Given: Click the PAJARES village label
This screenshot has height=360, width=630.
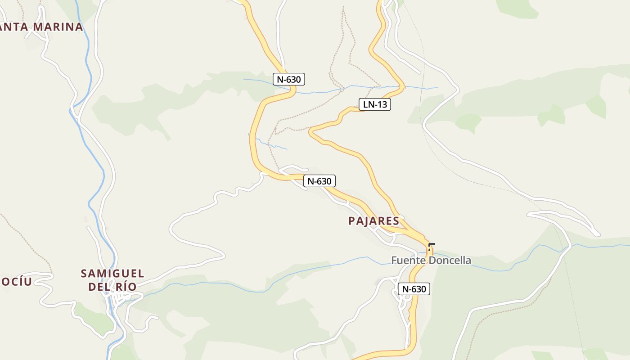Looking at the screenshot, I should click(373, 221).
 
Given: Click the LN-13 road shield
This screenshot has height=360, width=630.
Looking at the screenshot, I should click(374, 105).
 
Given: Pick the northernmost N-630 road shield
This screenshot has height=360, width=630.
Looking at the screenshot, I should click(289, 80).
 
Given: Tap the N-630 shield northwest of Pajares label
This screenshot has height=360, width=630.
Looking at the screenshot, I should click(319, 181).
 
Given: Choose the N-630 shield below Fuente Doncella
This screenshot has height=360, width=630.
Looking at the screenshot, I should click(414, 289).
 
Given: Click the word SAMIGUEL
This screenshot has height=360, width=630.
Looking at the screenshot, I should click(112, 274).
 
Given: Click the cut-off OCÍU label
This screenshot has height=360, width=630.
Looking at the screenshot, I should click(16, 282).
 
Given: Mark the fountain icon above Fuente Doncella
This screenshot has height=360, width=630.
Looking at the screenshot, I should click(430, 247).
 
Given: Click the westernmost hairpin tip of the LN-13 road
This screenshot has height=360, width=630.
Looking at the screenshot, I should click(310, 132).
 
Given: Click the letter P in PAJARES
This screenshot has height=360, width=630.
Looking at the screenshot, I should click(351, 221).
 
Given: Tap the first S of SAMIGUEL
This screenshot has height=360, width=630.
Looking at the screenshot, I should click(84, 274).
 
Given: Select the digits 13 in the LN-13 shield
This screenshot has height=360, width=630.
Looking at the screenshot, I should click(382, 105).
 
